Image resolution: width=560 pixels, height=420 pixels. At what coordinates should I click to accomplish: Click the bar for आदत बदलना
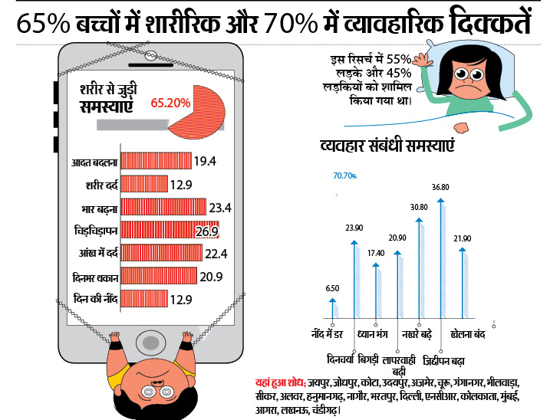tap(156, 162)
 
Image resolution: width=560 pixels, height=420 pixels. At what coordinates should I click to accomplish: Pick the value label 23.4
tap(219, 207)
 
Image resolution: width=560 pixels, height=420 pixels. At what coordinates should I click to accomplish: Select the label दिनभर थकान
tap(91, 276)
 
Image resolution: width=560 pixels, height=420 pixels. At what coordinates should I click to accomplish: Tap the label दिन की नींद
tap(94, 299)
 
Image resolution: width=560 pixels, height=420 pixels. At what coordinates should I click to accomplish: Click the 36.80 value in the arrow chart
tap(440, 186)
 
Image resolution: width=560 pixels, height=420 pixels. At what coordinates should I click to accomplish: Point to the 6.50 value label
tap(332, 288)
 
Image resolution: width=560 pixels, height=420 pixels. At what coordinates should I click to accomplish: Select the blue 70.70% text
tap(344, 176)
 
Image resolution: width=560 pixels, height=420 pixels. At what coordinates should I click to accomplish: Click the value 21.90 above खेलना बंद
tap(463, 238)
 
